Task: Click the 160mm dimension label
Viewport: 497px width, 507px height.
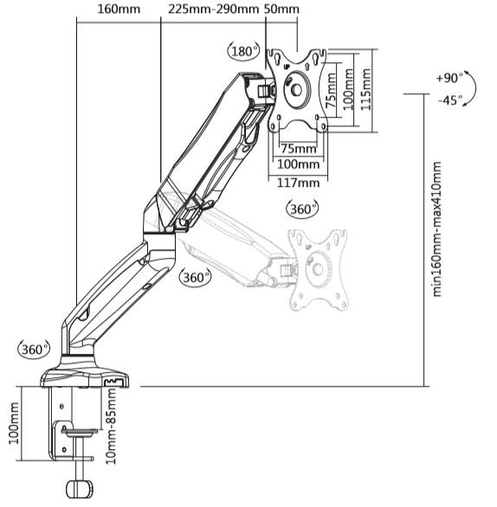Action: pyautogui.click(x=117, y=10)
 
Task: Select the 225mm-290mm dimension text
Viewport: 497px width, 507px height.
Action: pyautogui.click(x=212, y=10)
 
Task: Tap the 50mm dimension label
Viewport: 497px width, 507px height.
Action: pyautogui.click(x=282, y=10)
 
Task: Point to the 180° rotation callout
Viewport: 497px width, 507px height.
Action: pyautogui.click(x=243, y=51)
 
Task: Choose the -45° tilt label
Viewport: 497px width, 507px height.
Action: pyautogui.click(x=449, y=100)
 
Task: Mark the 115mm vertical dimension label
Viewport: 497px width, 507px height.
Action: pyautogui.click(x=366, y=87)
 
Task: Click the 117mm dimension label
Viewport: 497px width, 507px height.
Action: pyautogui.click(x=297, y=182)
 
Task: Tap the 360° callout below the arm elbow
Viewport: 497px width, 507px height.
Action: pyautogui.click(x=196, y=278)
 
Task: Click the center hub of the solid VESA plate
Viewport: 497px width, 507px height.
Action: pyautogui.click(x=297, y=88)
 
